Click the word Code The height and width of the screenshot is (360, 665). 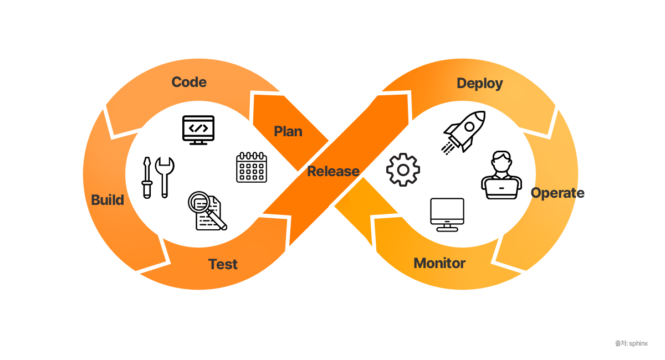(189, 83)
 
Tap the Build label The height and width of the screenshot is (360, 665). (108, 200)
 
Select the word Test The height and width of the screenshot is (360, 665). (223, 264)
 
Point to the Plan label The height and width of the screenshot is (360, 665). (288, 131)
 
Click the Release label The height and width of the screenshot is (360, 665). (333, 171)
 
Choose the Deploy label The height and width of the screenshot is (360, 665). (479, 84)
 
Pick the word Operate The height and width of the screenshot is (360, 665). (557, 193)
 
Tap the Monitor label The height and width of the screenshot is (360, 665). (439, 263)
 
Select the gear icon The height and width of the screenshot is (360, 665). (403, 169)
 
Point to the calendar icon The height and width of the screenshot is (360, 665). (251, 167)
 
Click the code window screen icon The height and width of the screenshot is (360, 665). (198, 130)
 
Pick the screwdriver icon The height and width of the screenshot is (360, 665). (147, 177)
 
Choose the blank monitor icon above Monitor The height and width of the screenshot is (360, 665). (447, 214)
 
